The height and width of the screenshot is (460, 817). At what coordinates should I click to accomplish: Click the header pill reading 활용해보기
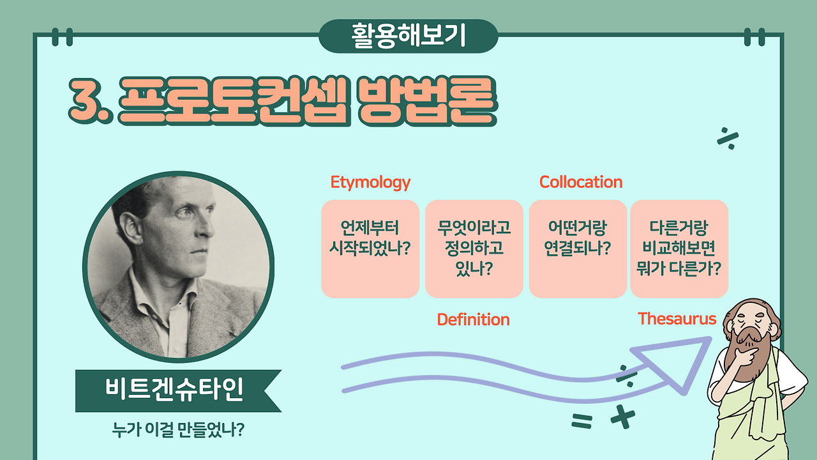point(408,36)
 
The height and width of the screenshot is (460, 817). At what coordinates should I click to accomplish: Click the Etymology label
point(370,182)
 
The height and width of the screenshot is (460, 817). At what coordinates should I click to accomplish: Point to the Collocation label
point(581,182)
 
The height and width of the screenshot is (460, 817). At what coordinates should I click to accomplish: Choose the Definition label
point(473,319)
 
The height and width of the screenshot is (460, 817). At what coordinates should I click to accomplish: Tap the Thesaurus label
point(677,318)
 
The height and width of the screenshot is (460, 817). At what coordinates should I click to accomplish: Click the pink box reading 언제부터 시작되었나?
point(370,249)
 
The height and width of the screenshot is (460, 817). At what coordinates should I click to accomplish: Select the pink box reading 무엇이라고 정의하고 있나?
point(474,249)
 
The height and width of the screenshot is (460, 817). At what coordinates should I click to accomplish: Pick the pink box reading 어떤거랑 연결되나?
point(578,249)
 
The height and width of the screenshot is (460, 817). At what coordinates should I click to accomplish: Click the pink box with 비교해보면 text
point(679,249)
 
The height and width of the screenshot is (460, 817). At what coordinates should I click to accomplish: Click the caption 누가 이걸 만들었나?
point(178,430)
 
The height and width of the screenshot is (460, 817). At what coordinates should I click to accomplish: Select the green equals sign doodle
point(581,420)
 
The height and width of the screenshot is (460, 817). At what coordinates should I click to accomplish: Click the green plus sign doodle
point(623,417)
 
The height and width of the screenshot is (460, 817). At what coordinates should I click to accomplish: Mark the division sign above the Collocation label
point(728,139)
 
